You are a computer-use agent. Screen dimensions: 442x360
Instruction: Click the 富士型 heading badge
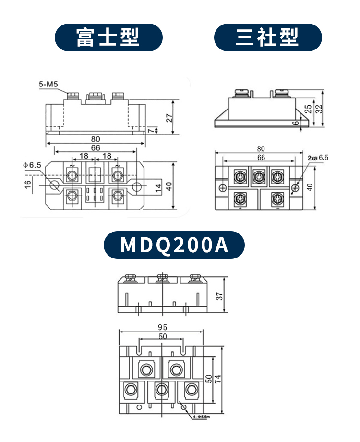point(108,37)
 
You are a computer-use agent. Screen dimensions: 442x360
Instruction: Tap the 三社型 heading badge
point(267,37)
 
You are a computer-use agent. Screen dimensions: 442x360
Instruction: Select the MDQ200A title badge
point(174,245)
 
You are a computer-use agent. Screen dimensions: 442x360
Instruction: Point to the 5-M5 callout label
point(48,85)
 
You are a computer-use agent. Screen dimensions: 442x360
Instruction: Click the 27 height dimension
point(168,117)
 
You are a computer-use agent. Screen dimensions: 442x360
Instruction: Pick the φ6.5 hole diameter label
point(32,165)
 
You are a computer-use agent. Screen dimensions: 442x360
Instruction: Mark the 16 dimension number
point(28,183)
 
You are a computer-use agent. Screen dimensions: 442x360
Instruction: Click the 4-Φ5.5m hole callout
point(199,416)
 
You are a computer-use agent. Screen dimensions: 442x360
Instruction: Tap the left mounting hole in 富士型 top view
point(55,185)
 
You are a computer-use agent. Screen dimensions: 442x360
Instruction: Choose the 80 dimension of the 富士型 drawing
point(96,139)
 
